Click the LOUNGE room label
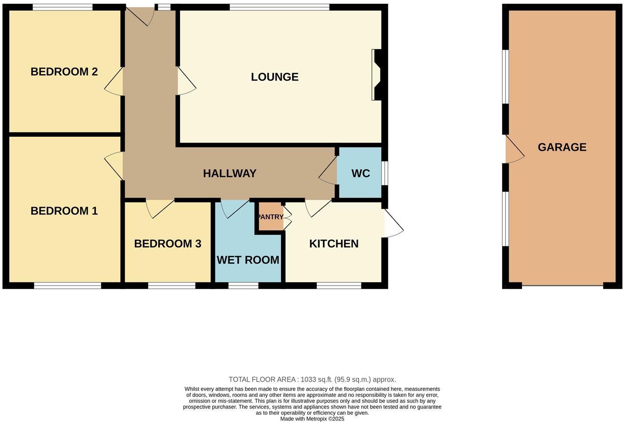275,77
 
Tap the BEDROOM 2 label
64,71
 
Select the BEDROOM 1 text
64,211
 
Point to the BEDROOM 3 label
167,244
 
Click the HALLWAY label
230,174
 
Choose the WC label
360,174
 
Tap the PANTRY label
271,217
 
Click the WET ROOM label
248,260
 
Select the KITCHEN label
334,244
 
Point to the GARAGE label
562,147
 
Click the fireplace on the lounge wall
377,75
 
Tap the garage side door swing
515,150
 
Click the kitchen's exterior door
393,224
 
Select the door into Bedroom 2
114,82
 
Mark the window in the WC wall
385,174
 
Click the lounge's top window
279,7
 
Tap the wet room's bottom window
243,286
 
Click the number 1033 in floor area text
308,380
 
